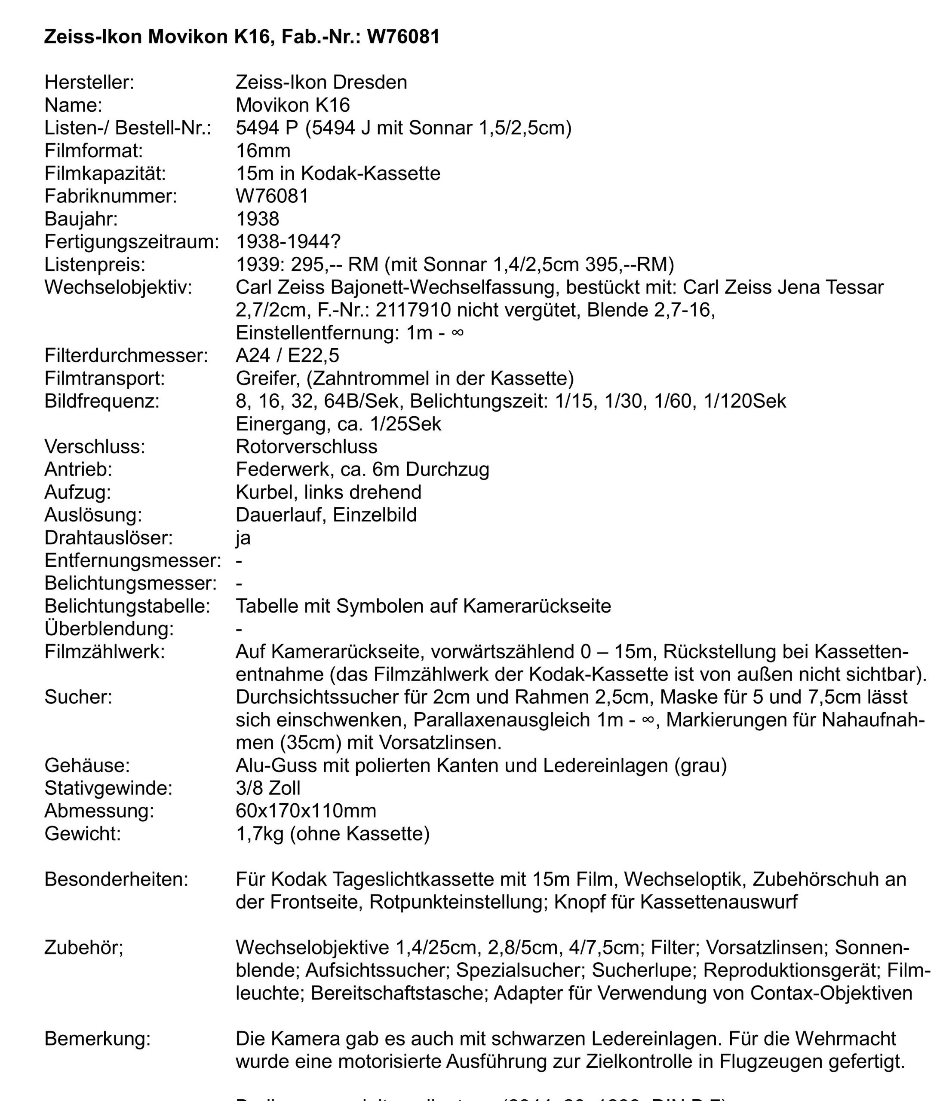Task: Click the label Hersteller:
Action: (89, 82)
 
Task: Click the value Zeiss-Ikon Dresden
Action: (321, 82)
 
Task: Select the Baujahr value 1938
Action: (258, 219)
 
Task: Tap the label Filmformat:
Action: (94, 151)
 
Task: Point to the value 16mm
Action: (263, 151)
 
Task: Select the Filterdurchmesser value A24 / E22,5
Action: (287, 356)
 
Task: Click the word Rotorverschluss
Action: (306, 447)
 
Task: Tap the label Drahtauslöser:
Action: (108, 538)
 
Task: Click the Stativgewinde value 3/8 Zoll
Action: (268, 788)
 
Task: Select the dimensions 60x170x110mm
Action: (306, 811)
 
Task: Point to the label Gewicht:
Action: (83, 834)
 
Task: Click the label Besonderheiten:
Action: (116, 879)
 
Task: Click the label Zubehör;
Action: (83, 948)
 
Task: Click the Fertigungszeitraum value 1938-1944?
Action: (288, 242)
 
